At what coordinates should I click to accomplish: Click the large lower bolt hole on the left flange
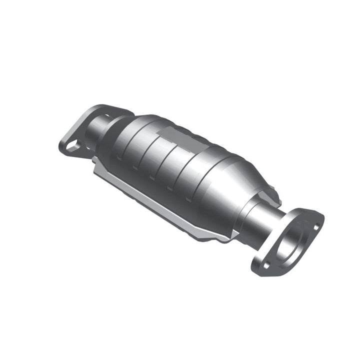[x=73, y=145]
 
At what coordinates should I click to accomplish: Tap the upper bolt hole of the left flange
[x=106, y=116]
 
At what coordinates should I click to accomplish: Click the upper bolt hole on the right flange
[x=315, y=226]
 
